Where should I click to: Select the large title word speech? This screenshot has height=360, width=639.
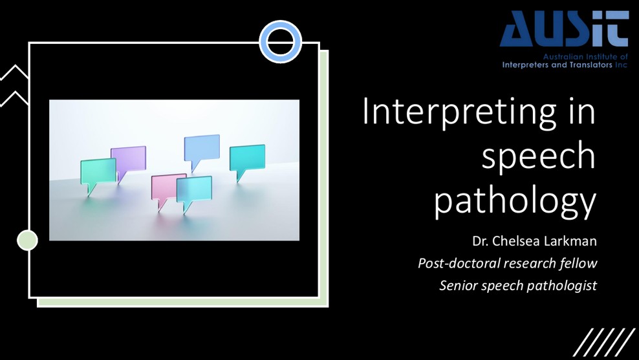(x=539, y=156)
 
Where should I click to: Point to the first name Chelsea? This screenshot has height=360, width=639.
(x=515, y=242)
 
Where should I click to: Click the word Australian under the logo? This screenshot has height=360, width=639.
(x=552, y=58)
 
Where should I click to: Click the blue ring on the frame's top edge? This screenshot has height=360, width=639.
(x=281, y=42)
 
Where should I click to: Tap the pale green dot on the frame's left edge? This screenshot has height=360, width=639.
(x=27, y=240)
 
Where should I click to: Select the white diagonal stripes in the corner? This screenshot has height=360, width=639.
(x=604, y=341)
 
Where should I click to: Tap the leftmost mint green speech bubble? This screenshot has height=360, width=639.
(x=98, y=173)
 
